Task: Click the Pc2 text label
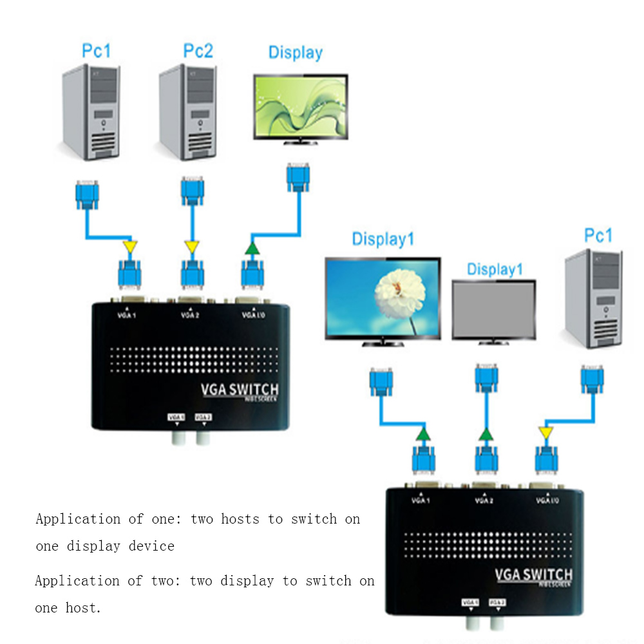(x=198, y=51)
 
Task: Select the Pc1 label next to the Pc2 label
(x=96, y=51)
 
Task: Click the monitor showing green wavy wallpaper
(x=301, y=106)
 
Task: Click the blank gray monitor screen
(x=493, y=310)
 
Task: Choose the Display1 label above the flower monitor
(x=383, y=240)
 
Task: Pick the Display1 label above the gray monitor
(x=495, y=269)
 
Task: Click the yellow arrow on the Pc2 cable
(x=191, y=247)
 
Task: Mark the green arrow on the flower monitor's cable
(x=422, y=434)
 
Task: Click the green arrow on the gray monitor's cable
(x=486, y=434)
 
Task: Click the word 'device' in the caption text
(x=151, y=546)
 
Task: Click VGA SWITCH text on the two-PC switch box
(x=239, y=389)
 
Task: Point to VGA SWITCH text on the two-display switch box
(x=533, y=574)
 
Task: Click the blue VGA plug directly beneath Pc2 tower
(x=193, y=191)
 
